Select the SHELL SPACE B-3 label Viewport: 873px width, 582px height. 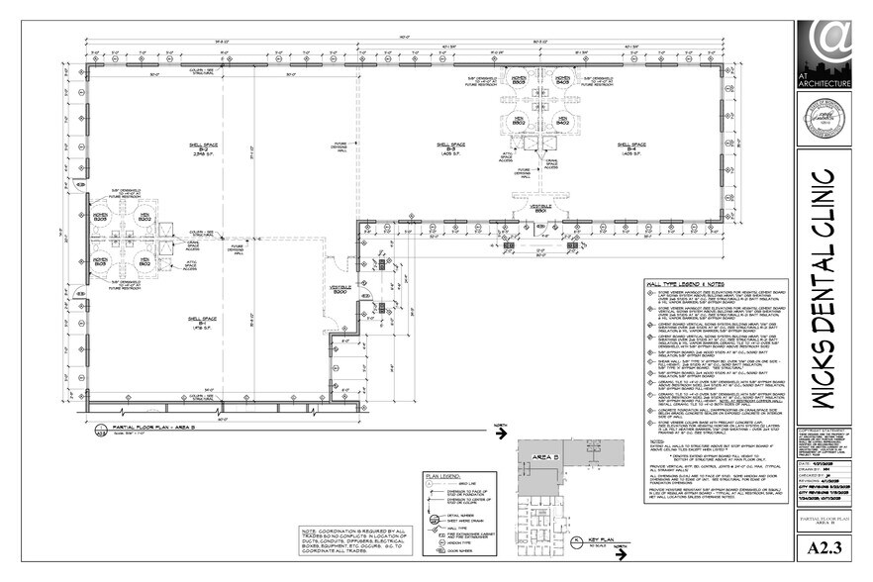[x=451, y=148]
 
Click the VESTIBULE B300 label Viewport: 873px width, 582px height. [x=340, y=291]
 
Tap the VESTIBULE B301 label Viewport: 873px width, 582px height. [x=540, y=208]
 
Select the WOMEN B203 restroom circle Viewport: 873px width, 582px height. [x=101, y=215]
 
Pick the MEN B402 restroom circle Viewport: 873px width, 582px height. [x=563, y=121]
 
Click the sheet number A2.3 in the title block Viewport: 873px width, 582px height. [x=824, y=547]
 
